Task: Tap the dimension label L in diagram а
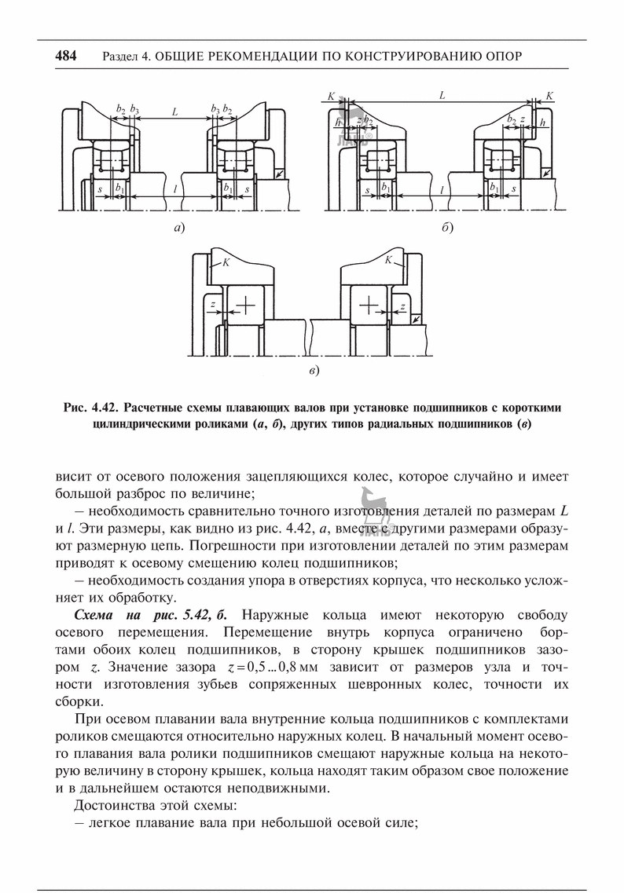[x=174, y=112]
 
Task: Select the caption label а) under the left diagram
[x=179, y=229]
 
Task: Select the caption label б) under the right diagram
[x=447, y=229]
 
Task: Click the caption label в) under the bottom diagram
[x=313, y=370]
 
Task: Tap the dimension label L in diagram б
[x=442, y=95]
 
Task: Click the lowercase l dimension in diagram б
[x=442, y=189]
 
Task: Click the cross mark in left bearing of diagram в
[x=246, y=302]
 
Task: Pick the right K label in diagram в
[x=388, y=258]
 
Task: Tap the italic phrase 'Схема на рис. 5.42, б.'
[x=143, y=613]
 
